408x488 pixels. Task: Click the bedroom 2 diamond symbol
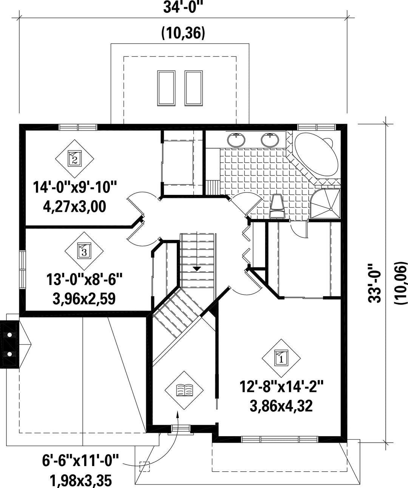[75, 159]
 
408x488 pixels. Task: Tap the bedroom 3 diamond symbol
[84, 251]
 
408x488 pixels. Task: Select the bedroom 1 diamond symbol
[281, 358]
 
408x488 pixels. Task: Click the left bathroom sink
[236, 140]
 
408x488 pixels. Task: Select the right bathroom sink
[270, 140]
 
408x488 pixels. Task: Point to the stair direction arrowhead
[197, 269]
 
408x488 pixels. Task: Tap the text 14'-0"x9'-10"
[74, 187]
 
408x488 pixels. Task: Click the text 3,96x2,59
[84, 299]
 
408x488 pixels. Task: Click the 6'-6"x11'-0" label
[80, 460]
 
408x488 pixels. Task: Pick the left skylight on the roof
[166, 88]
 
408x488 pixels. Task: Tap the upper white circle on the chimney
[9, 335]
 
